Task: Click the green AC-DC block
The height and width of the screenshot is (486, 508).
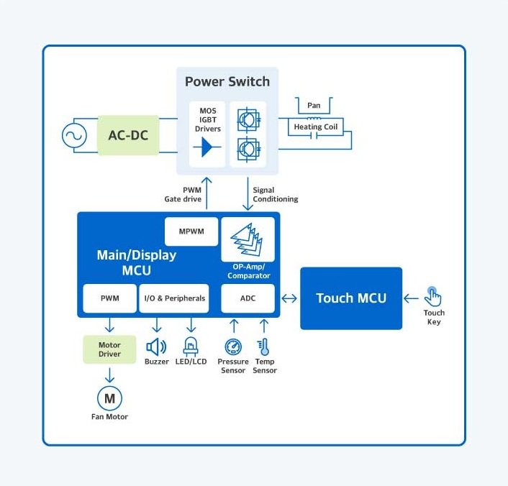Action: [128, 135]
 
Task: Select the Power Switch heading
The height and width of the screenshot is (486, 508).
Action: [227, 81]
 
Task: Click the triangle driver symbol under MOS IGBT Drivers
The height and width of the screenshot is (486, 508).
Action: [207, 147]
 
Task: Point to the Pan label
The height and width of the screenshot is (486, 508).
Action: [314, 106]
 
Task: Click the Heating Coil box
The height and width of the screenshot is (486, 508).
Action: [316, 127]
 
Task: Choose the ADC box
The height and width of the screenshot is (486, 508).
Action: [248, 298]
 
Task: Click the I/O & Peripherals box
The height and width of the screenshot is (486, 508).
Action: [173, 298]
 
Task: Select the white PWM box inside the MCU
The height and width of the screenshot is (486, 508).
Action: [109, 298]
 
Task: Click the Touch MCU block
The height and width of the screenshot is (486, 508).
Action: [351, 298]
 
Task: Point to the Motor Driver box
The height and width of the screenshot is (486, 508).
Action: [109, 349]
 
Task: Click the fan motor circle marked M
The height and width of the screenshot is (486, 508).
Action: [109, 398]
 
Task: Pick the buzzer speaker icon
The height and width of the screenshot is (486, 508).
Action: [156, 347]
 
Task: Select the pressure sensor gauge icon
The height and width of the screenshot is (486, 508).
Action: [232, 347]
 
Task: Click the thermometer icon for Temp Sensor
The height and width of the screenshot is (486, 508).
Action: [263, 347]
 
